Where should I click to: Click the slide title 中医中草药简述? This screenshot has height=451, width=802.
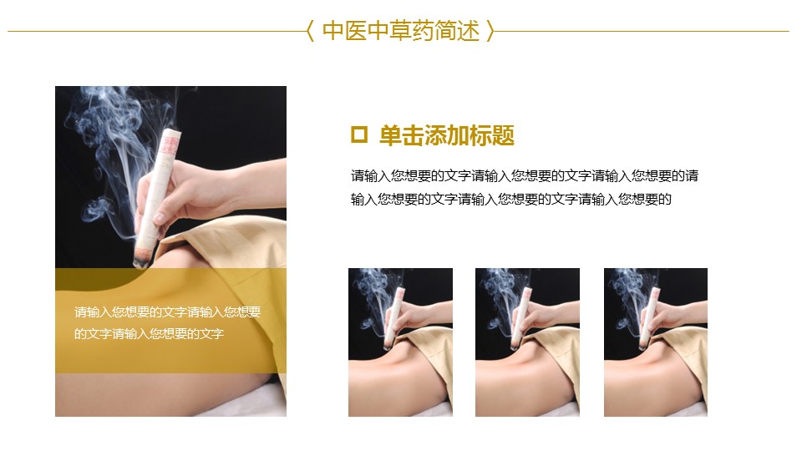401,31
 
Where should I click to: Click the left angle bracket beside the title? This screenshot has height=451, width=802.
310,31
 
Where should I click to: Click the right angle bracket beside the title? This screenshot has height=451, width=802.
490,31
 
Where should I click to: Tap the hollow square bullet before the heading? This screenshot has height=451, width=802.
359,134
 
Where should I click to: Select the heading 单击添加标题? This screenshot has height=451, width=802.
446,135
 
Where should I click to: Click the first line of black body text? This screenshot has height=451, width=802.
525,176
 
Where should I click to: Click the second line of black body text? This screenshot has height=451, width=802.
510,199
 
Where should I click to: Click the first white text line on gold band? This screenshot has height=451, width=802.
167,312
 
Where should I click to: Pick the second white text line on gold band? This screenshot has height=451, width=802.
149,334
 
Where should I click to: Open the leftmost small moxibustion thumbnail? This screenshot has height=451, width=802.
400,342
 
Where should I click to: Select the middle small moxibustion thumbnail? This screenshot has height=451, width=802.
527,342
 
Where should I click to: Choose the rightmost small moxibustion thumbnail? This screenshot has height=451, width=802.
656,342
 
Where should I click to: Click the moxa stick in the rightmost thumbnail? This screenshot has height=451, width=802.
648,317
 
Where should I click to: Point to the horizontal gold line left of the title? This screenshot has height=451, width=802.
157,31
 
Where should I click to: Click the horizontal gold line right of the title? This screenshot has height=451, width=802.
642,31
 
